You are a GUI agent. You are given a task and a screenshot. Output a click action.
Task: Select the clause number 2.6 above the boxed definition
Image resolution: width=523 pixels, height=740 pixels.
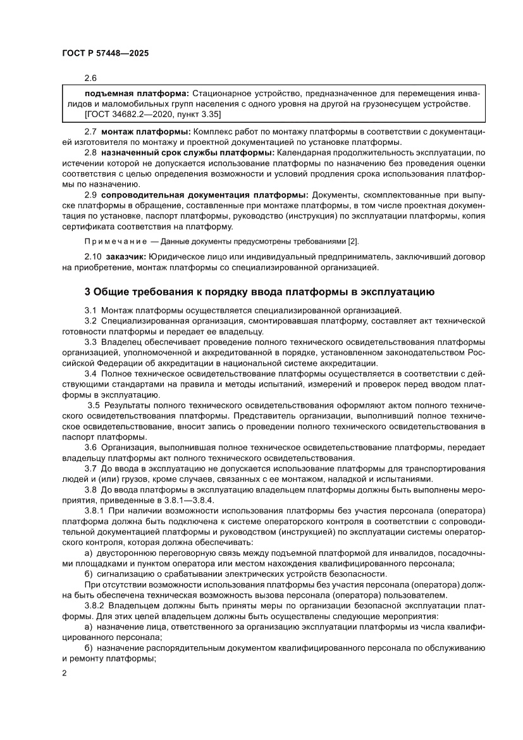[x=90, y=78]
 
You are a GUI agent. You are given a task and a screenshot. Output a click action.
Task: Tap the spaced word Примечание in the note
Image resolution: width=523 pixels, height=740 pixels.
[x=111, y=242]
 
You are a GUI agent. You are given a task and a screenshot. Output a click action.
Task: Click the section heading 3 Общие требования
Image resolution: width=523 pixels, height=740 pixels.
[x=259, y=292]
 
